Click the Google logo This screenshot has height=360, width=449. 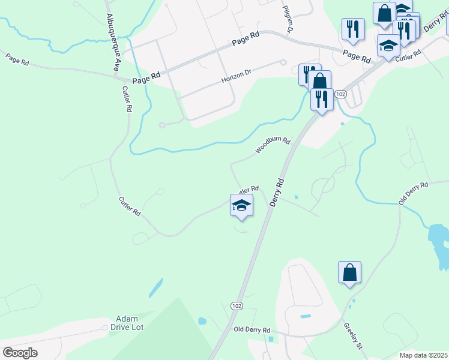click(20, 353)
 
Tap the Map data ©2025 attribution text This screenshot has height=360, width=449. click(423, 355)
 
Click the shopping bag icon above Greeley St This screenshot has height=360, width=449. click(349, 273)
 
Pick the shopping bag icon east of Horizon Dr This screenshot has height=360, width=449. click(321, 81)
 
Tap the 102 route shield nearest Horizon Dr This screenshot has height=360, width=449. click(340, 94)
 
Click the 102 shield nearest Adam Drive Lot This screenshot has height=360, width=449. click(237, 305)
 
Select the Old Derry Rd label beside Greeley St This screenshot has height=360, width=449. click(252, 330)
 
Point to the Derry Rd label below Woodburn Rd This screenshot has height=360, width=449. click(277, 192)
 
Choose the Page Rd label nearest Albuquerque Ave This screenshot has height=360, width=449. click(147, 77)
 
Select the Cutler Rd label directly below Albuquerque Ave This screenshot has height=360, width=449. click(127, 100)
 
